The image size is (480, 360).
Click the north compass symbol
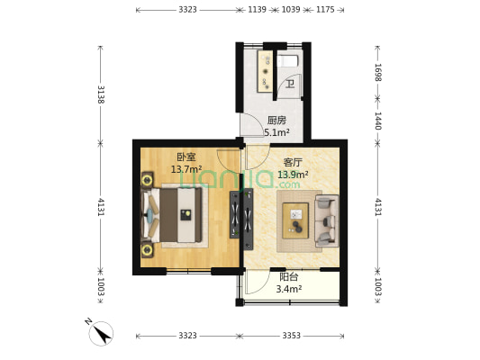pyautogui.click(x=101, y=333)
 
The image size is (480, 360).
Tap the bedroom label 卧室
pyautogui.click(x=186, y=157)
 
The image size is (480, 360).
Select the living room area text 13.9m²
pyautogui.click(x=293, y=175)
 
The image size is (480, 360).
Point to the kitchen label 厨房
pyautogui.click(x=276, y=121)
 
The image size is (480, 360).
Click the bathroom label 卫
pyautogui.click(x=290, y=84)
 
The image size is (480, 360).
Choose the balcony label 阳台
pyautogui.click(x=289, y=277)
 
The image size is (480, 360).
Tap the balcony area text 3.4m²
pyautogui.click(x=289, y=289)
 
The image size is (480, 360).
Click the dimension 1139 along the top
pyautogui.click(x=257, y=10)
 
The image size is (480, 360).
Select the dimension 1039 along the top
pyautogui.click(x=291, y=10)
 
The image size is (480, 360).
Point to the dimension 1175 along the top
pyautogui.click(x=325, y=10)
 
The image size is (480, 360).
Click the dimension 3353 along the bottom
pyautogui.click(x=291, y=336)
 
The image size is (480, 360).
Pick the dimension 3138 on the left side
pyautogui.click(x=101, y=94)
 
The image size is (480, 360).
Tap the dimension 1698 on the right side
pyautogui.click(x=377, y=73)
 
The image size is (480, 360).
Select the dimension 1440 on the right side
pyautogui.click(x=377, y=121)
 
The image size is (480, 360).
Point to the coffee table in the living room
pyautogui.click(x=295, y=220)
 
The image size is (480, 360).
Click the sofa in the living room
pyautogui.click(x=327, y=220)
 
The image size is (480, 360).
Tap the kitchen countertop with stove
pyautogui.click(x=265, y=71)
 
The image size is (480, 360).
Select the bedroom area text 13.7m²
pyautogui.click(x=186, y=169)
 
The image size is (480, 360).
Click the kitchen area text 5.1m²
pyautogui.click(x=276, y=132)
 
